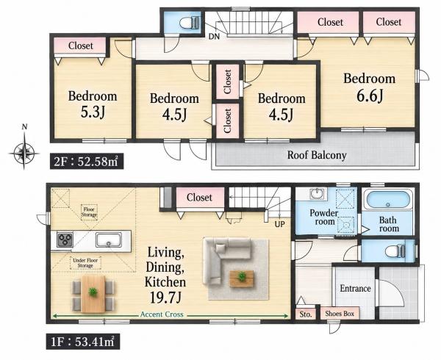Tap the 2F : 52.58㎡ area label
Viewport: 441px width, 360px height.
(87, 162)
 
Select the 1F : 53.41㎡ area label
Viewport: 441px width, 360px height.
(83, 342)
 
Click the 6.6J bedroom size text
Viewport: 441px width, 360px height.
(370, 96)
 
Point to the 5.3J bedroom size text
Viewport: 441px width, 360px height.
(93, 112)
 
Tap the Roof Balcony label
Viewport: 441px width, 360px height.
(317, 155)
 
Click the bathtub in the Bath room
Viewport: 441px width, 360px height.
(388, 201)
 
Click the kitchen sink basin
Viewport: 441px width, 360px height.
(108, 240)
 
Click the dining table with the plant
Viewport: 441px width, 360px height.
(93, 293)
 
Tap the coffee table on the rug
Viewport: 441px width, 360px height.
(242, 278)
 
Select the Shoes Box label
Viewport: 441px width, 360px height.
(340, 314)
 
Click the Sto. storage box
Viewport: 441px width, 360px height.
(306, 314)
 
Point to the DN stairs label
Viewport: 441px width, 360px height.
(214, 37)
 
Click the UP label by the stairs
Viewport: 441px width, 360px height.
(279, 224)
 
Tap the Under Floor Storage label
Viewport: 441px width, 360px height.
(85, 263)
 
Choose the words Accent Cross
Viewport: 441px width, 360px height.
(162, 314)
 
